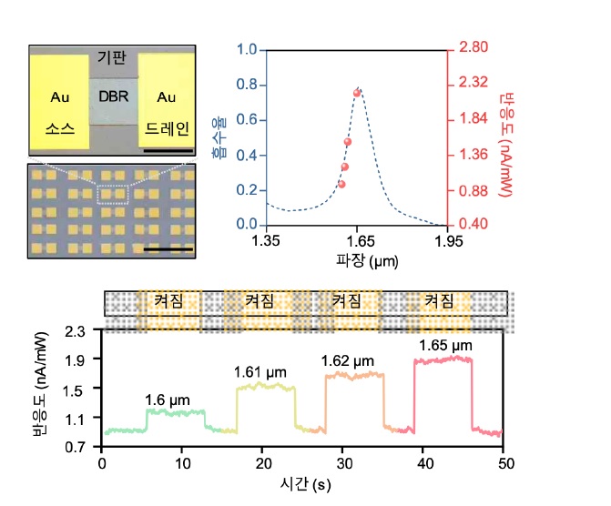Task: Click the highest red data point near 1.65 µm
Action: click(x=358, y=92)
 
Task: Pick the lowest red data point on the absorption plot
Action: click(x=341, y=184)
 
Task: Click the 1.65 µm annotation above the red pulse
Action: click(x=445, y=346)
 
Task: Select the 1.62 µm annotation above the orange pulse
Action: click(x=347, y=362)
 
